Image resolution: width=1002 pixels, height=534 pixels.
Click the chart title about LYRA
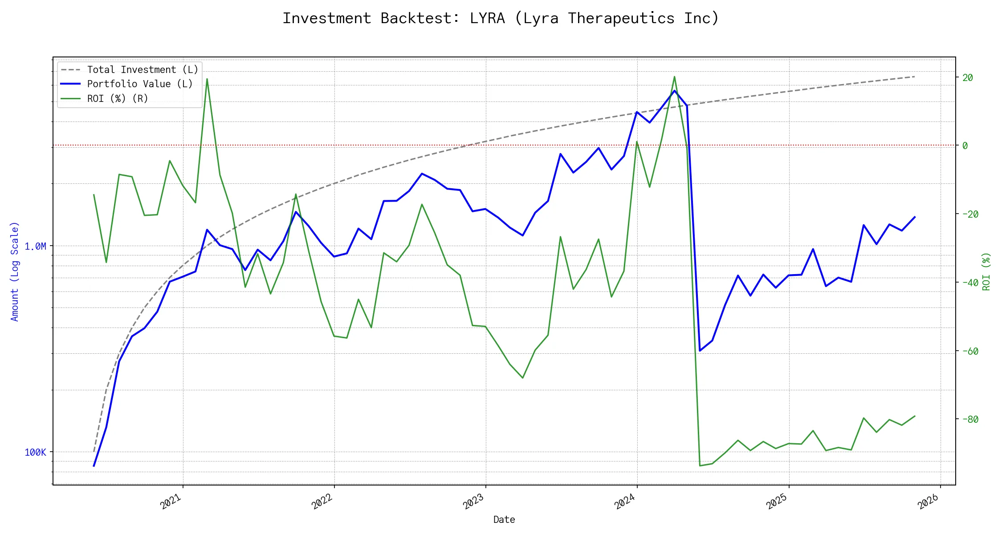(x=501, y=18)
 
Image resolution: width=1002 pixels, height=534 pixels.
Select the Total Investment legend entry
(x=142, y=70)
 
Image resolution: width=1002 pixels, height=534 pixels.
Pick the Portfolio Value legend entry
(x=139, y=84)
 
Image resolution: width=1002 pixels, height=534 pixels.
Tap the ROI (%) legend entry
(x=117, y=98)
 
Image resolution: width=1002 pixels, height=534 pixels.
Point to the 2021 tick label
(x=171, y=502)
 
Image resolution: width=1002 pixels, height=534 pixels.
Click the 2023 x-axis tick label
(x=473, y=502)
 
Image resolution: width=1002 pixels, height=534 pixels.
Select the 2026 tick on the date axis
(x=929, y=502)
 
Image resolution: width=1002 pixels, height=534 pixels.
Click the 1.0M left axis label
(x=35, y=247)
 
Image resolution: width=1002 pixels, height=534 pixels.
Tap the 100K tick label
(x=35, y=453)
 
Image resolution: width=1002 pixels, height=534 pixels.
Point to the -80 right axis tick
(x=968, y=419)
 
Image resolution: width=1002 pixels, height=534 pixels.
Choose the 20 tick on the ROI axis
(x=968, y=77)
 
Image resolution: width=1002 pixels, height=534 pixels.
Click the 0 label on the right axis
(x=965, y=146)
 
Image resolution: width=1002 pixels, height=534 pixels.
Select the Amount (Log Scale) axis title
(x=15, y=271)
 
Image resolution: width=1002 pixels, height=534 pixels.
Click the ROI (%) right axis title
(x=986, y=271)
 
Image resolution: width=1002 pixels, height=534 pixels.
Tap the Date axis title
(x=504, y=519)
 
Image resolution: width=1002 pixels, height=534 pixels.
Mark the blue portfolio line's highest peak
(x=674, y=91)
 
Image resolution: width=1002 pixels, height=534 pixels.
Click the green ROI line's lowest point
(x=700, y=466)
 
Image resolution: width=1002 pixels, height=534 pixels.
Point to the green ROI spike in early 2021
(x=207, y=79)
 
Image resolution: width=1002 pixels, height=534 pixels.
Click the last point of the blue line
(x=915, y=217)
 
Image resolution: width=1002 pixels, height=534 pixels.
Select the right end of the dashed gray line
(x=915, y=77)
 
